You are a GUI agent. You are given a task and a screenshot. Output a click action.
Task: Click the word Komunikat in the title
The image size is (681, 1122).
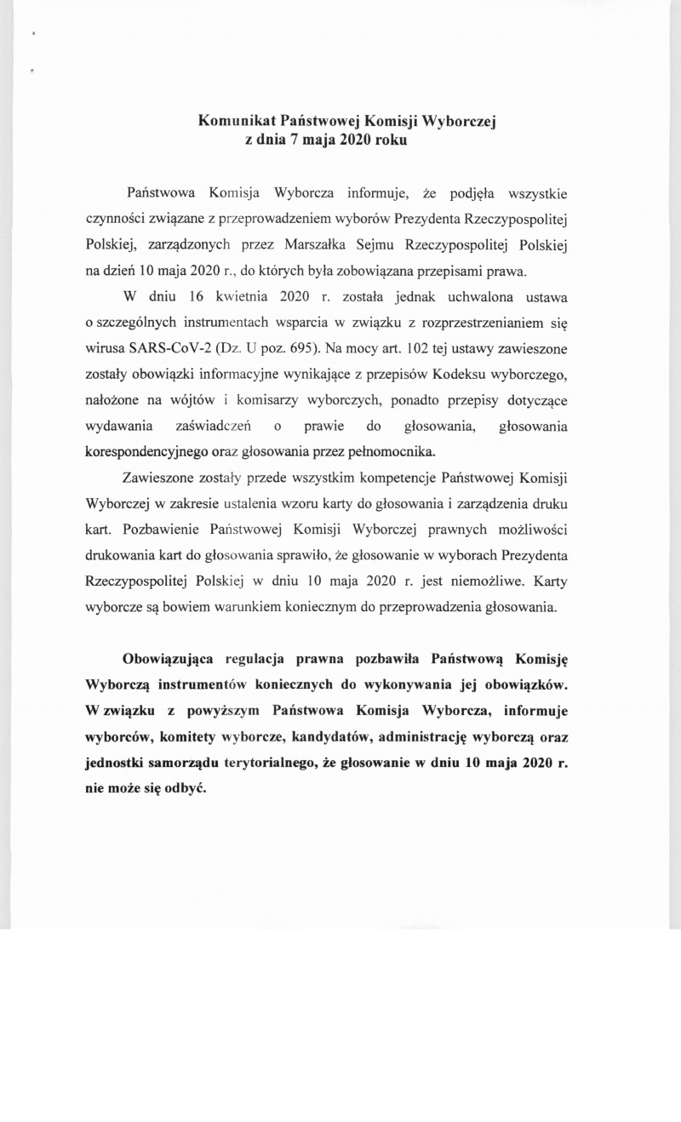(x=232, y=122)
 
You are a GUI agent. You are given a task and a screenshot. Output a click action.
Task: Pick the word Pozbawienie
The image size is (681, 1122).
(x=161, y=528)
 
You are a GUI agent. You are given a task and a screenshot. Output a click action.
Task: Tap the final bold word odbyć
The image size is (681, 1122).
(x=187, y=787)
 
